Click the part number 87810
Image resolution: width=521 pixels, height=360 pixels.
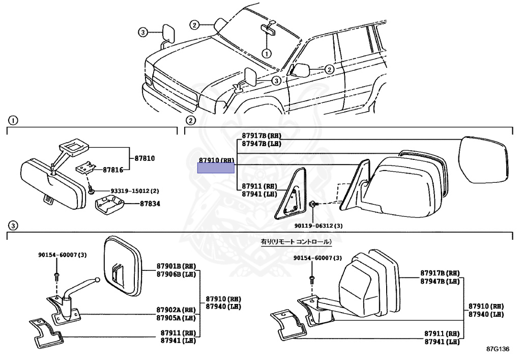coord(144,159)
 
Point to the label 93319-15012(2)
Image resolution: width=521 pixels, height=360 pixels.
coord(135,191)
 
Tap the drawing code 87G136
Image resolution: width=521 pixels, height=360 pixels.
coord(497,350)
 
